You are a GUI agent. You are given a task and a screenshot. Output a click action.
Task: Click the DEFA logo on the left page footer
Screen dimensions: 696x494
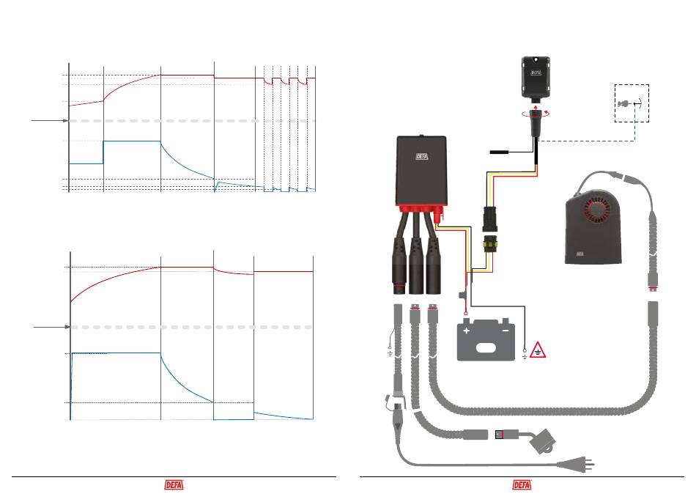click(174, 484)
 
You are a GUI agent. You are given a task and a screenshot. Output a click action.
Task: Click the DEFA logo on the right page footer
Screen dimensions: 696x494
click(522, 484)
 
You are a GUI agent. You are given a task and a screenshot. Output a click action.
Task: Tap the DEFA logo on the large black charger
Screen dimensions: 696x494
click(422, 156)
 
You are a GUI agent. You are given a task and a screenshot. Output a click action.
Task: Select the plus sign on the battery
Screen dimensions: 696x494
click(466, 331)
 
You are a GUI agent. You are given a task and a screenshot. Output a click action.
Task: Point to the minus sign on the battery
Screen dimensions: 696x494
click(505, 331)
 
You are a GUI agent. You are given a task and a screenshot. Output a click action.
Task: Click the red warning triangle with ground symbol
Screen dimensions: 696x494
click(538, 351)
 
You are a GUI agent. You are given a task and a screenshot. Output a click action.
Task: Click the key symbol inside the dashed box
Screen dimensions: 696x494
click(624, 104)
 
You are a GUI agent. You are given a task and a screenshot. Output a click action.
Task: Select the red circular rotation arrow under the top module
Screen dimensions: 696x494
click(536, 114)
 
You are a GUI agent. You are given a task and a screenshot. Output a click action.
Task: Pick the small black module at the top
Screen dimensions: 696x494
click(536, 77)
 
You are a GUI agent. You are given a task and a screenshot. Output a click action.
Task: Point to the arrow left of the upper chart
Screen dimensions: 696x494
click(50, 120)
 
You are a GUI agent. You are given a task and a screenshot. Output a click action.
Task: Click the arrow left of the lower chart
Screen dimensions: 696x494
click(52, 327)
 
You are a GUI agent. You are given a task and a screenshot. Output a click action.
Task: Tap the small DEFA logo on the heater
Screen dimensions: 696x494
click(580, 254)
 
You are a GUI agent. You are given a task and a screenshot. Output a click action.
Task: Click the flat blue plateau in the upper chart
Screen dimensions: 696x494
click(132, 141)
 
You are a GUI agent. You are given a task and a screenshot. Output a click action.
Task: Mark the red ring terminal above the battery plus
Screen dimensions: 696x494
click(466, 314)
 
